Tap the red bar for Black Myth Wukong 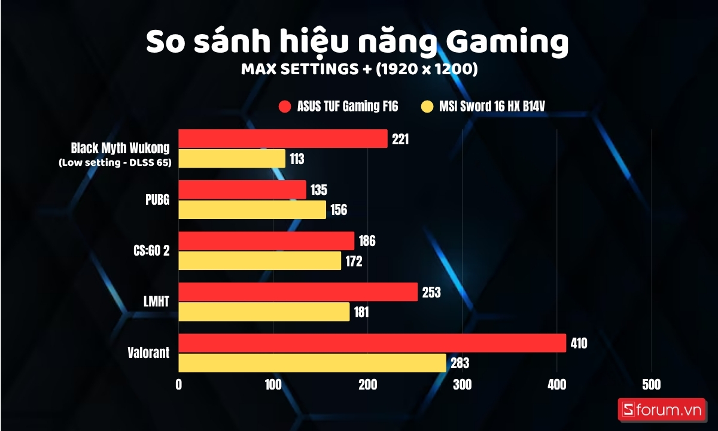click(x=283, y=139)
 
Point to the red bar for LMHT click(x=298, y=292)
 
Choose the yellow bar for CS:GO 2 click(x=260, y=261)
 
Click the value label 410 click(x=579, y=344)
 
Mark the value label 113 click(x=297, y=159)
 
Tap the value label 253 click(x=431, y=293)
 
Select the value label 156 click(x=339, y=210)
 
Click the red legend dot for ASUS click(x=285, y=107)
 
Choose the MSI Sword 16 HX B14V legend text click(x=492, y=107)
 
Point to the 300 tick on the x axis click(x=462, y=384)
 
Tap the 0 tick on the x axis click(x=179, y=384)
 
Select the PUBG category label click(x=157, y=200)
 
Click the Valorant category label click(x=149, y=353)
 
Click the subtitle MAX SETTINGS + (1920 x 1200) click(x=359, y=69)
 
